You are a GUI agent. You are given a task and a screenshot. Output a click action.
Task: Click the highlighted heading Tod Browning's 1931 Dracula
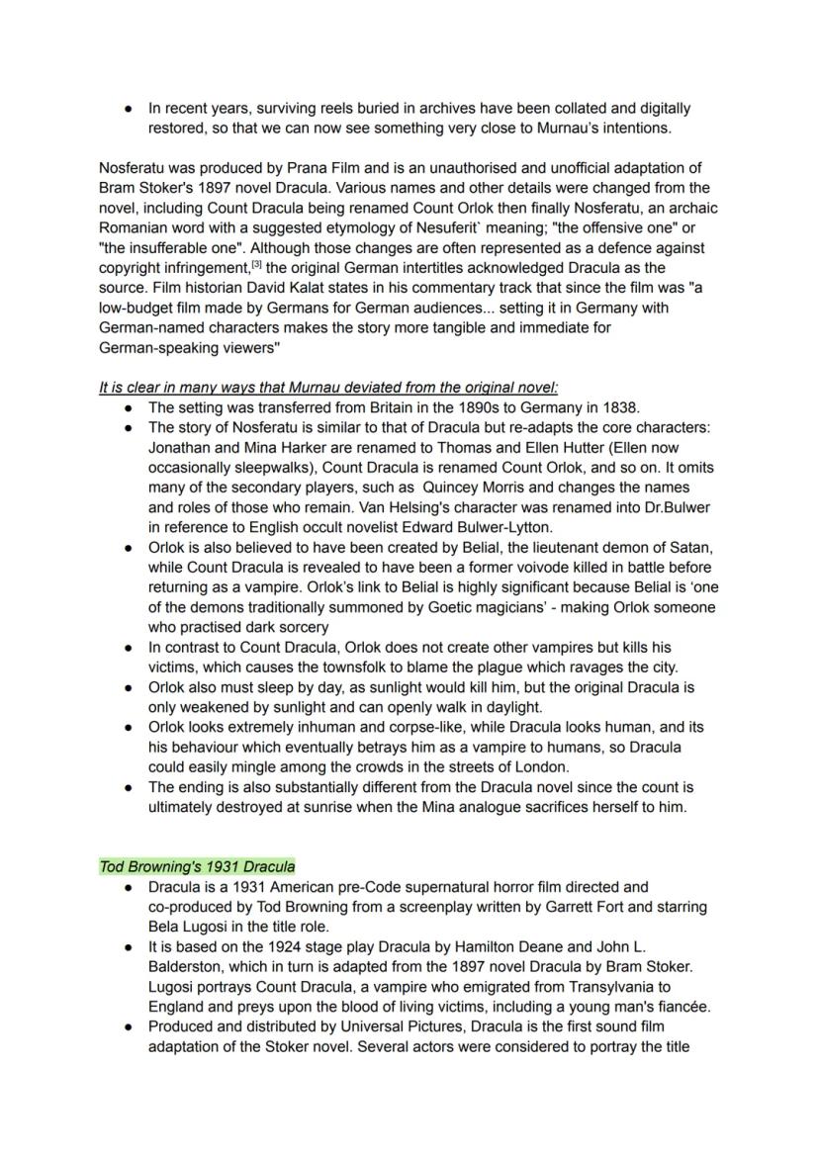click(197, 867)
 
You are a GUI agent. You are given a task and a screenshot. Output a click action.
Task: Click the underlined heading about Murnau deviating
click(328, 387)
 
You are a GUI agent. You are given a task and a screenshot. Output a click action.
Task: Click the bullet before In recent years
click(128, 109)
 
